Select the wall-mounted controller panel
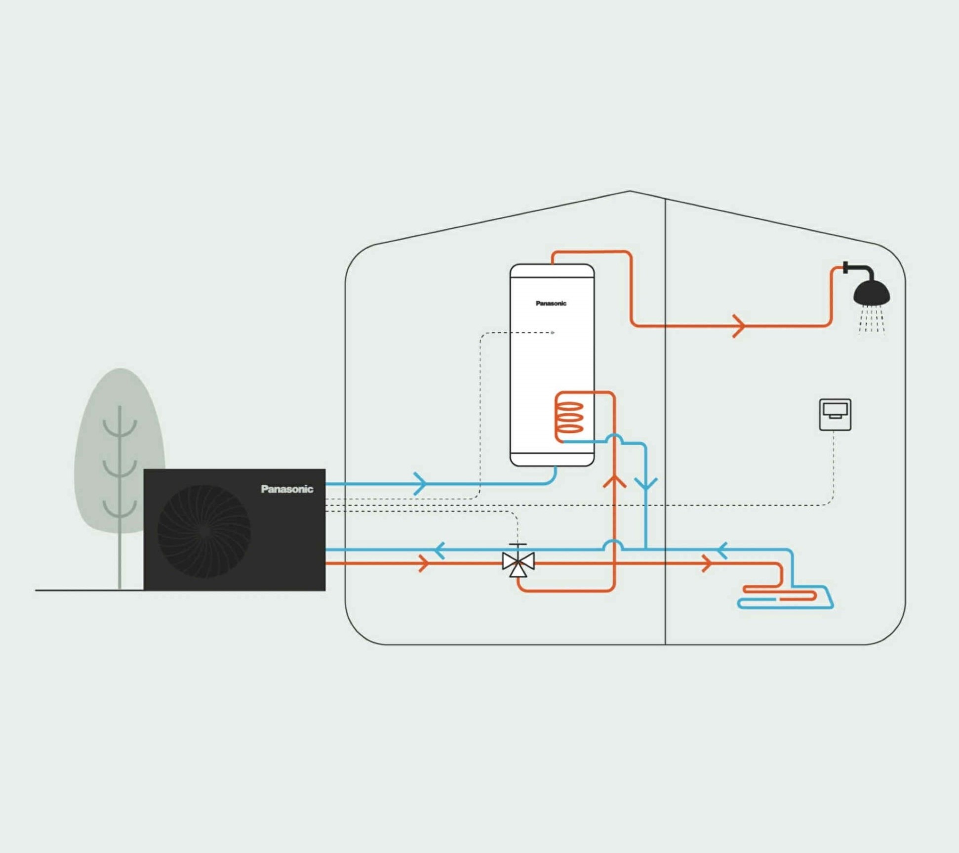(835, 415)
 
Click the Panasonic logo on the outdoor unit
(287, 489)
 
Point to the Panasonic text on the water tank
(551, 303)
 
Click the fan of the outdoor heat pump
(204, 531)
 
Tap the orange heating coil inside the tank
(570, 418)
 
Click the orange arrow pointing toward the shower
(739, 326)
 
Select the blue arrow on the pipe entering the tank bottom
(420, 483)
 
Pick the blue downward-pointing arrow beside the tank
(646, 484)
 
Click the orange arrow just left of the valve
(424, 563)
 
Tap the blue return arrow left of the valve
(440, 550)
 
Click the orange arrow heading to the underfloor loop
(707, 563)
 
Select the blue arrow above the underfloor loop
(722, 550)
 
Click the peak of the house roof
(630, 191)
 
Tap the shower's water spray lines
(872, 320)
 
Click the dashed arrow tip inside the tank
(553, 333)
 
